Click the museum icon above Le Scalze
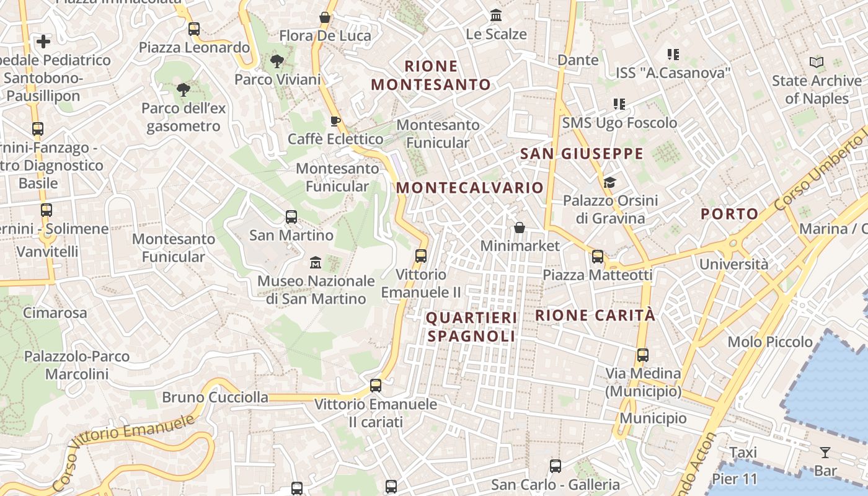pos(496,15)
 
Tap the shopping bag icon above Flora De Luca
pos(324,17)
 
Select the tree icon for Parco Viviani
pos(277,61)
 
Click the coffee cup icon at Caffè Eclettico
pos(335,121)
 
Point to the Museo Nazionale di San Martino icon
pos(315,263)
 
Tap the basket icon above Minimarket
pos(520,228)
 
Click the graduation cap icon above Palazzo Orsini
pos(610,182)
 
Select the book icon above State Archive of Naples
pos(817,62)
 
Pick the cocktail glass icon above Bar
pos(825,452)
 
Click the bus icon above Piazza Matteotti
pos(598,256)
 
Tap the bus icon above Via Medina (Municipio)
pos(643,355)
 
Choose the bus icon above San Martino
pos(291,217)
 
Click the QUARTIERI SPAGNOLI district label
pos(471,327)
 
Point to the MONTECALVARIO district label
pos(469,187)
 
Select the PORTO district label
pos(729,214)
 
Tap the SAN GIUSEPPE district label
pos(582,154)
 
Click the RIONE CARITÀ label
pos(595,315)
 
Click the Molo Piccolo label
pos(770,342)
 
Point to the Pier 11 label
pos(735,479)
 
